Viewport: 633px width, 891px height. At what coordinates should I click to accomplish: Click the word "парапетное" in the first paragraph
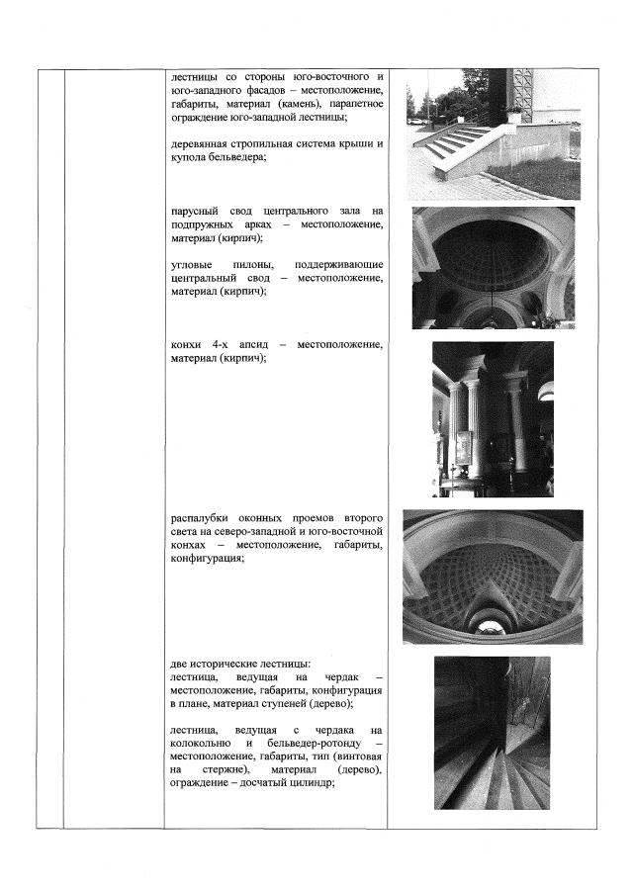point(352,104)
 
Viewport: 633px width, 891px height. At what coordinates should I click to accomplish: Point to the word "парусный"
point(197,211)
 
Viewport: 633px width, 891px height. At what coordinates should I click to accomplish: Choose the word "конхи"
point(186,344)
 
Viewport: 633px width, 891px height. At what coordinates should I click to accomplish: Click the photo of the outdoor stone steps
point(493,134)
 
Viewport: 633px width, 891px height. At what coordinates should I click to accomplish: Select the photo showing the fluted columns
point(493,418)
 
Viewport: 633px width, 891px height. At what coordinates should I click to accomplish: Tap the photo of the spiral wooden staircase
point(493,733)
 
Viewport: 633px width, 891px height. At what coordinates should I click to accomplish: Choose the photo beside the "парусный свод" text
point(493,267)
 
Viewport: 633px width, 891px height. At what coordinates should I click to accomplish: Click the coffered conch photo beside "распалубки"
point(493,577)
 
